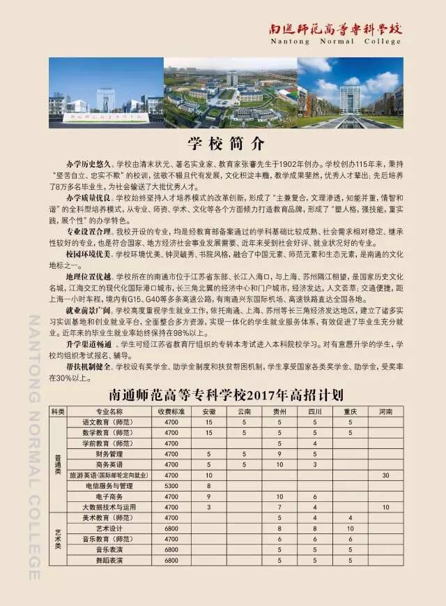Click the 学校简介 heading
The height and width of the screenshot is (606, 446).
pyautogui.click(x=227, y=145)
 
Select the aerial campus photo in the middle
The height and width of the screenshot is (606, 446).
pyautogui.click(x=231, y=93)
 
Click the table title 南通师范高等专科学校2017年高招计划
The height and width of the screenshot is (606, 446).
pyautogui.click(x=226, y=395)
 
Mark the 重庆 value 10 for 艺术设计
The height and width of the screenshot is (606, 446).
pyautogui.click(x=350, y=529)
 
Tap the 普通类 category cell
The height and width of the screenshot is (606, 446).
pyautogui.click(x=57, y=464)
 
